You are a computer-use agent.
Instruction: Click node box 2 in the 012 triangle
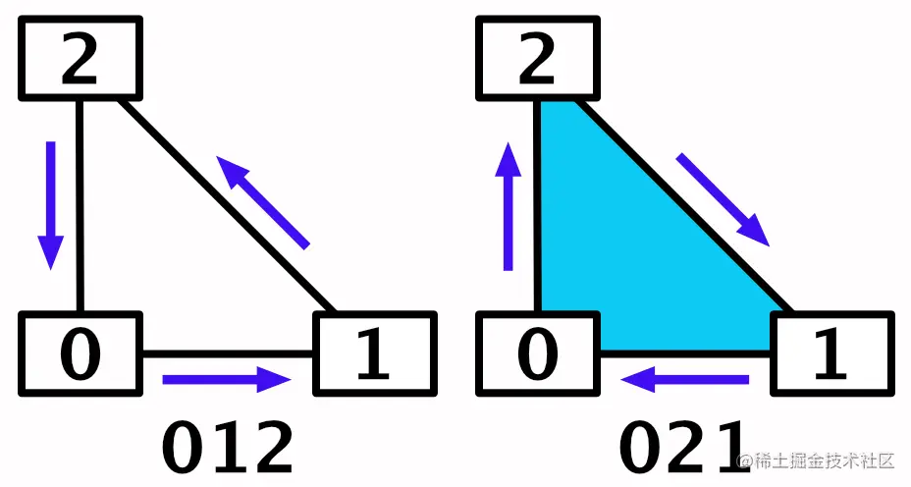[x=80, y=59]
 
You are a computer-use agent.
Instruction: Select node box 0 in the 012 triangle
[x=80, y=353]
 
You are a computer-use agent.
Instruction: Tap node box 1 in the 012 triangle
[x=373, y=353]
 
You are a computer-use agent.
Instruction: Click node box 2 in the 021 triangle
[x=537, y=59]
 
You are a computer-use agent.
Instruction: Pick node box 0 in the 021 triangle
[x=537, y=353]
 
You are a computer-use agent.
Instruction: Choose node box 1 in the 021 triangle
[x=831, y=353]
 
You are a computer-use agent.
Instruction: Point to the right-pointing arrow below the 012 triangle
[x=228, y=379]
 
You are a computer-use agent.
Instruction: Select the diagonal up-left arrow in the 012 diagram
[x=262, y=203]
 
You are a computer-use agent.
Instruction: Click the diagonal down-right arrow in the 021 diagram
[x=722, y=198]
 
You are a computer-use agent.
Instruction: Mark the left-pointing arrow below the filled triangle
[x=687, y=379]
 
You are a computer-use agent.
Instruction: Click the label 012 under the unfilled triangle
[x=228, y=448]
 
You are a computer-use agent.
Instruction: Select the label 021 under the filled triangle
[x=682, y=448]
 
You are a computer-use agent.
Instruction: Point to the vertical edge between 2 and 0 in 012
[x=80, y=206]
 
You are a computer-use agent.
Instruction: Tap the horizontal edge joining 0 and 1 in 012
[x=228, y=352]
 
